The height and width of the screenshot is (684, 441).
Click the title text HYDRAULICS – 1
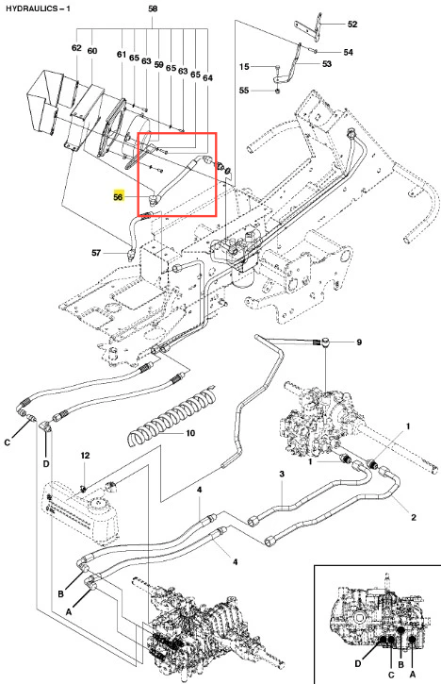(x=38, y=8)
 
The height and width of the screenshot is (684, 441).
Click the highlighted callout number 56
(x=118, y=197)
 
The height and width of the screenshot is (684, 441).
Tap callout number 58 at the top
(x=153, y=8)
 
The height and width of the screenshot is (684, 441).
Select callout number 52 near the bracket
(x=352, y=25)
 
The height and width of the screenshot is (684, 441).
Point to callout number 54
(x=348, y=52)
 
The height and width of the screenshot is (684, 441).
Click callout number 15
(x=244, y=66)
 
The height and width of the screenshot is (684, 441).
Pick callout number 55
(x=244, y=91)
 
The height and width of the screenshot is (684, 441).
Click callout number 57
(x=96, y=253)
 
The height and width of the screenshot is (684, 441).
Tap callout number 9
(x=359, y=342)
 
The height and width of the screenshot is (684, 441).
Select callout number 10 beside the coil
(x=190, y=433)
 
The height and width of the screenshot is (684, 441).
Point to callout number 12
(x=85, y=456)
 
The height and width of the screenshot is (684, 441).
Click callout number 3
(x=282, y=474)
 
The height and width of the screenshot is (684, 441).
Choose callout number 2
(x=414, y=517)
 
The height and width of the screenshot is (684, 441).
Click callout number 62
(x=76, y=47)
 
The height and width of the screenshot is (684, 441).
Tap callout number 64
(x=207, y=77)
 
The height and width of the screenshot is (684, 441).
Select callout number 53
(x=327, y=64)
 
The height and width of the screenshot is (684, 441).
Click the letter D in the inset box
(x=358, y=664)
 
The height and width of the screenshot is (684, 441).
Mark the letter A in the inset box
(x=413, y=675)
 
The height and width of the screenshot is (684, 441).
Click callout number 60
(x=92, y=51)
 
